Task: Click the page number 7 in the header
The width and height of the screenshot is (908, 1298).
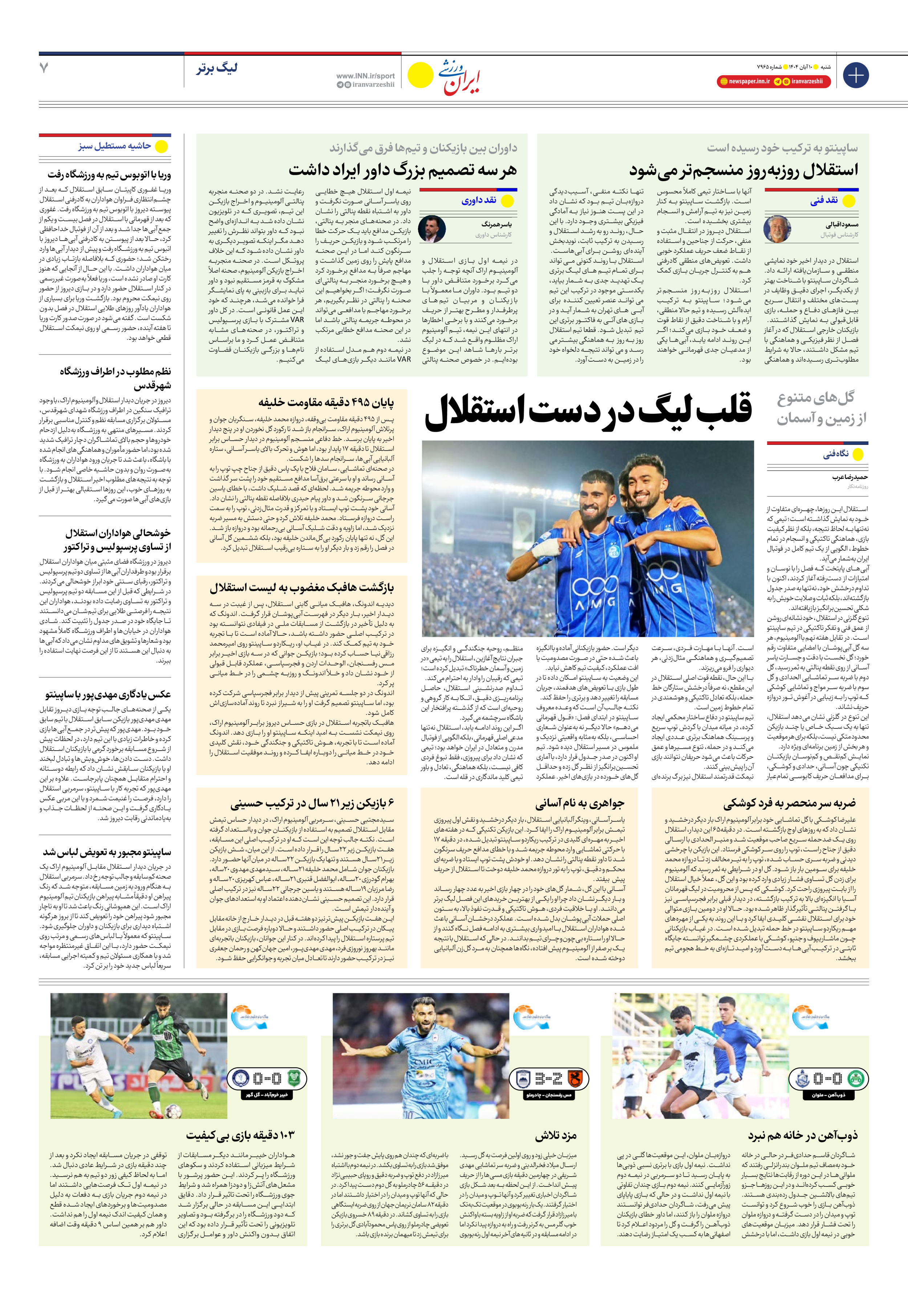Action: (x=44, y=68)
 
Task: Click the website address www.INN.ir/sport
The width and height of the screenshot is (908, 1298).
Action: (x=366, y=76)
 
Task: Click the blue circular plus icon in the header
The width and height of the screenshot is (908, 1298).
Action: (x=855, y=75)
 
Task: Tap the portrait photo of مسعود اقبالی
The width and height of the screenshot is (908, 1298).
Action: (x=777, y=229)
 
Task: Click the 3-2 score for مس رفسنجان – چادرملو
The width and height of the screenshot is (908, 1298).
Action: (x=548, y=1079)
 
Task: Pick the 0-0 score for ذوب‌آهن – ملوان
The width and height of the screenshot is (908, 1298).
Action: (x=827, y=1079)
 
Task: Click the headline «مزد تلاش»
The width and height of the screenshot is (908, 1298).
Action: (x=556, y=1135)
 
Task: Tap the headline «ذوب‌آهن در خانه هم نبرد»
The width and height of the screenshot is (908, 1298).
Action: (x=802, y=1135)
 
